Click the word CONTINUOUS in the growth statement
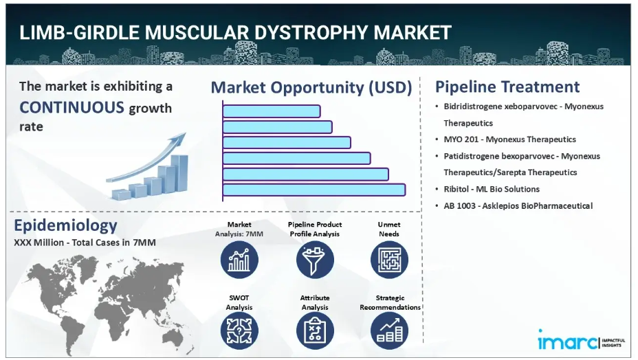71,108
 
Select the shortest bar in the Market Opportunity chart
272,111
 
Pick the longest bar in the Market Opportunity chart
314,190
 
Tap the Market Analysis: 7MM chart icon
239,260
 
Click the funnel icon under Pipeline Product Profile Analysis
315,260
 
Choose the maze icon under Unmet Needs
389,260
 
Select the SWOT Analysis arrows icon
239,330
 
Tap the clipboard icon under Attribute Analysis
315,330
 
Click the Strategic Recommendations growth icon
389,330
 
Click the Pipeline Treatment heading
507,87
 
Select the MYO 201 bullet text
510,139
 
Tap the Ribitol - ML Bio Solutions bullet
492,189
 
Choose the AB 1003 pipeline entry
518,206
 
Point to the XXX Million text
38,243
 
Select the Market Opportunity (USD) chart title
311,88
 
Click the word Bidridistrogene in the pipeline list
473,106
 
